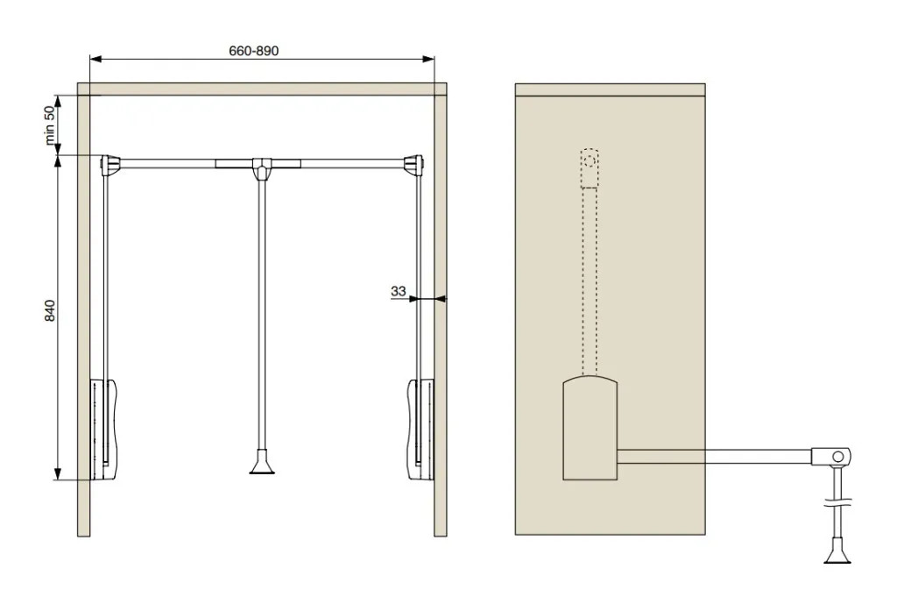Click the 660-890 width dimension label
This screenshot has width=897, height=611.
[x=253, y=51]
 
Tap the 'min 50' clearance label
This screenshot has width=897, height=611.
[x=50, y=125]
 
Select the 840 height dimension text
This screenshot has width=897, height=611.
[x=50, y=310]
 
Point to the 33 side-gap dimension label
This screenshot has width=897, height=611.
[x=399, y=291]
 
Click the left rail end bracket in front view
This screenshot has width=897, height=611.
[x=109, y=164]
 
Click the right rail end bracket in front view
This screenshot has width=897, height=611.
[x=413, y=164]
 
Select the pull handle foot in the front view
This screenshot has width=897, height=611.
[x=262, y=463]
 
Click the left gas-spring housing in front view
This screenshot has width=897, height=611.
[x=104, y=429]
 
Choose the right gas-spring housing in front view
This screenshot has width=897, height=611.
[x=420, y=429]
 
